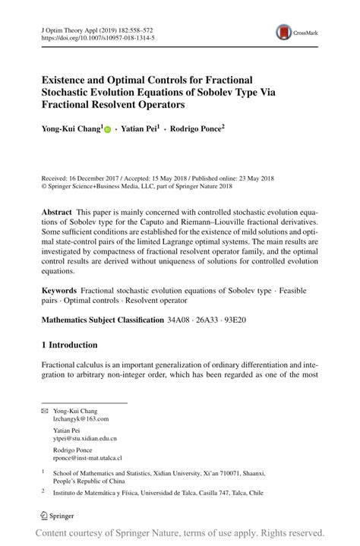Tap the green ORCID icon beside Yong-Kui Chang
[x=108, y=131]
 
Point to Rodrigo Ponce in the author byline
[x=196, y=130]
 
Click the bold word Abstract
[x=58, y=212]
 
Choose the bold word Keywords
[x=60, y=290]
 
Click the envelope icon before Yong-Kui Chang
[x=44, y=410]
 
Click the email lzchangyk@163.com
[x=81, y=418]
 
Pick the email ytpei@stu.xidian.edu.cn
[x=84, y=438]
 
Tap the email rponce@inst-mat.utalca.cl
[x=87, y=458]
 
